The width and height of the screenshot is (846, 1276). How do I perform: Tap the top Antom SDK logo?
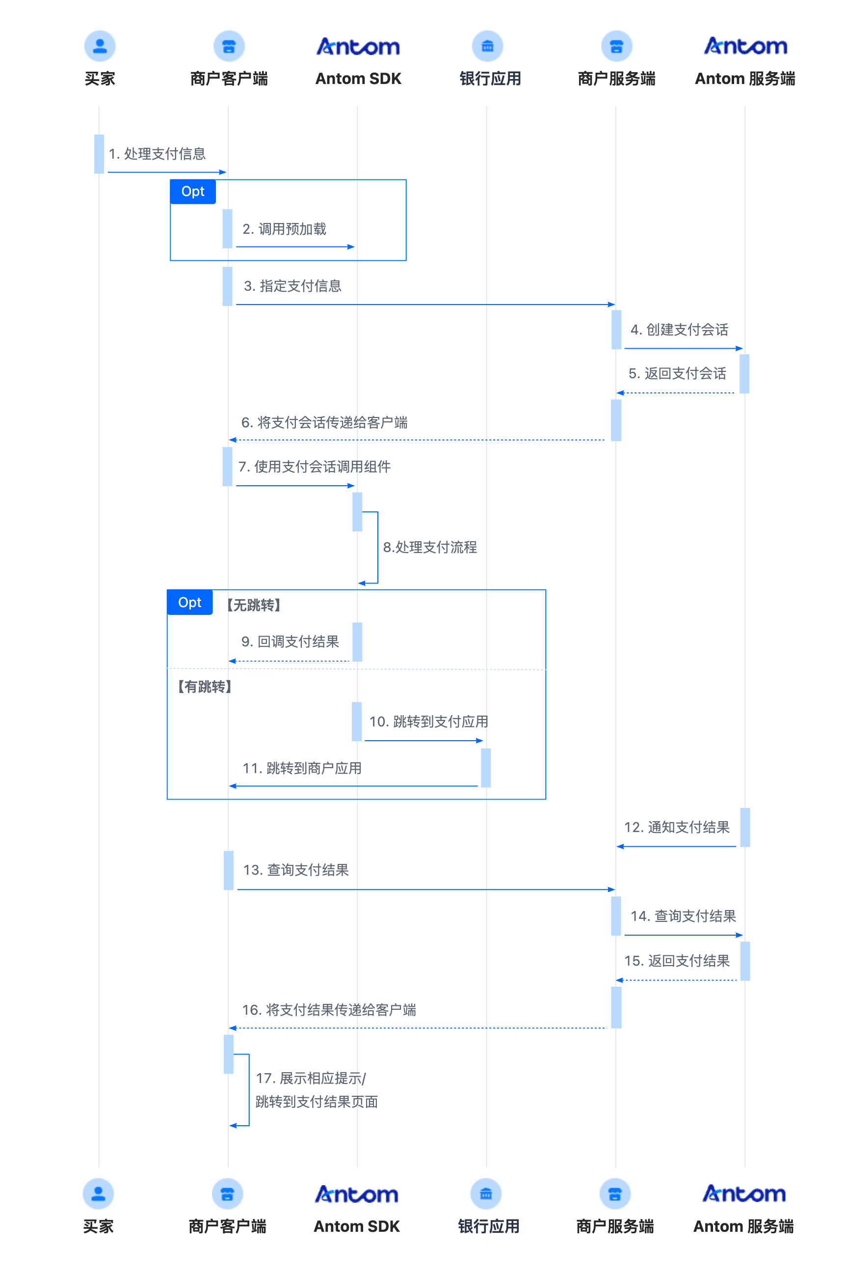click(358, 47)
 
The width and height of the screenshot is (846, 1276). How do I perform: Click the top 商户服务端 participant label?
click(616, 79)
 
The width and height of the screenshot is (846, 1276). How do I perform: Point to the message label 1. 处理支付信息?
click(157, 154)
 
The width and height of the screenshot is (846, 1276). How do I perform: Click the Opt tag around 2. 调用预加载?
click(193, 192)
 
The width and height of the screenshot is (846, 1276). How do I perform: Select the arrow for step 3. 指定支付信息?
click(425, 305)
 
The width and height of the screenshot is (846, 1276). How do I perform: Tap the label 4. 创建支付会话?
click(679, 330)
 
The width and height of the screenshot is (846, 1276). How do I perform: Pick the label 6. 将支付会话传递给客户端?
click(324, 422)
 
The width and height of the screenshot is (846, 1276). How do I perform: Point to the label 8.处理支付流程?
click(429, 547)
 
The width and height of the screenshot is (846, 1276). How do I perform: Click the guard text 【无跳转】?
click(253, 605)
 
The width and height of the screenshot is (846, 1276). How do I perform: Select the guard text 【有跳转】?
click(205, 687)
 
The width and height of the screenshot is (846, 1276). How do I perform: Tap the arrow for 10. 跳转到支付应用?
click(423, 741)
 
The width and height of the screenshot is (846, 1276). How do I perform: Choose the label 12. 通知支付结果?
click(677, 827)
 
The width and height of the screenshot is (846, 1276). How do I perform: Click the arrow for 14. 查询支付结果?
click(684, 935)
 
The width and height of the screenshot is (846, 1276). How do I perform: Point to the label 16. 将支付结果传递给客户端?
click(329, 1010)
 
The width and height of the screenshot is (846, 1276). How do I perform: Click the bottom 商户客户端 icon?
click(227, 1193)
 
